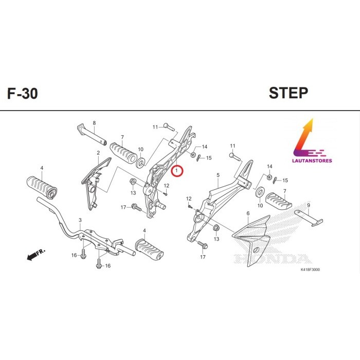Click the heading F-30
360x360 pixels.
(22, 94)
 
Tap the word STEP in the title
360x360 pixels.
(288, 93)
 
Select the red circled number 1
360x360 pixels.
(176, 170)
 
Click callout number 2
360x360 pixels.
(98, 153)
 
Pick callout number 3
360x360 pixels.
(80, 220)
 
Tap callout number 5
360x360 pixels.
(218, 175)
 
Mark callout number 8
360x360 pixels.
(94, 123)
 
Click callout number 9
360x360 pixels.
(309, 205)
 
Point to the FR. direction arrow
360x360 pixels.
(35, 254)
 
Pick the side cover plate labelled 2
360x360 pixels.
(95, 177)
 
